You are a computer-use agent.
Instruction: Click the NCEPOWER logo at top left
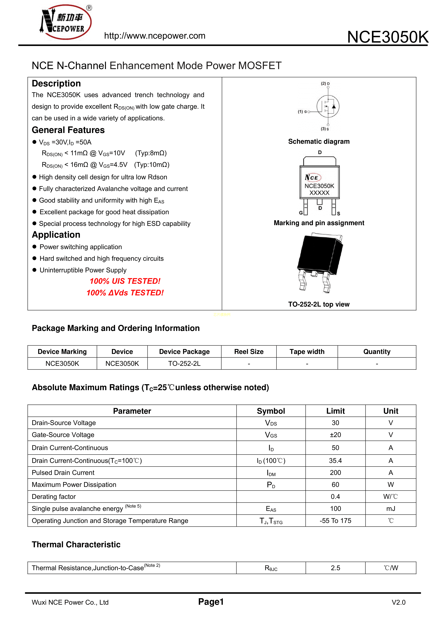pos(66,22)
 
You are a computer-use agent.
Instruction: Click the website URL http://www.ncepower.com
pos(155,36)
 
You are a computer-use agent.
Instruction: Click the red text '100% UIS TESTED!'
pos(125,281)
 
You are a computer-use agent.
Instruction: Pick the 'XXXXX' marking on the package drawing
pos(319,193)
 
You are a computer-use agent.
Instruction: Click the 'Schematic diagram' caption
pos(319,141)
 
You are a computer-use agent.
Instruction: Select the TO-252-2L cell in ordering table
pos(184,363)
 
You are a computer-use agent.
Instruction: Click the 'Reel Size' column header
pos(249,352)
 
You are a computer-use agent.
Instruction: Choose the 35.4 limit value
pos(335,461)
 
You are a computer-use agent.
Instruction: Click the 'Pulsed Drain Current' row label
pos(63,473)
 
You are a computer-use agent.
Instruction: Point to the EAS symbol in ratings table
pos(271,509)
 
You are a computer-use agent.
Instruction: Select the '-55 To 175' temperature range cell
pos(335,521)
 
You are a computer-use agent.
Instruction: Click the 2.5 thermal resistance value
pos(335,568)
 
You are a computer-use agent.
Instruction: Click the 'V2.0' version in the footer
pos(398,602)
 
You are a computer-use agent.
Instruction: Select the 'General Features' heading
pos(68,130)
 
